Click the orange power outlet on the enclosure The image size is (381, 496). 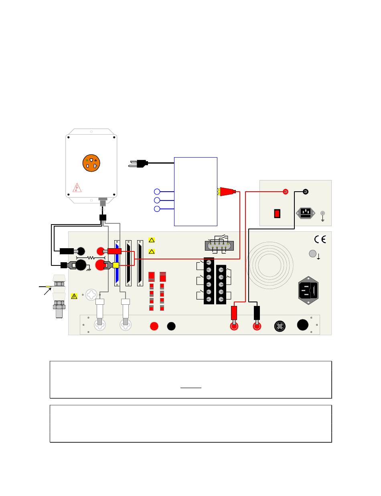click(91, 163)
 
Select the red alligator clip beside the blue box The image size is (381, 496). click(227, 192)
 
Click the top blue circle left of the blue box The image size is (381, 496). click(157, 191)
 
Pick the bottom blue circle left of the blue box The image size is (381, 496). click(157, 209)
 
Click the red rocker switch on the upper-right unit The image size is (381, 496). click(277, 214)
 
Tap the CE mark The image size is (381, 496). click(320, 239)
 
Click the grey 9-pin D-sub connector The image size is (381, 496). click(218, 245)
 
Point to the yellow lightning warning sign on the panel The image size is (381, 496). click(74, 296)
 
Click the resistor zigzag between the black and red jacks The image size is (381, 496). click(91, 258)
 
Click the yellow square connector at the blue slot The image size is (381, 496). click(116, 265)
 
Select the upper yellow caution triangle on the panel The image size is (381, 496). click(152, 240)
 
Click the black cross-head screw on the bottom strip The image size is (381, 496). click(280, 326)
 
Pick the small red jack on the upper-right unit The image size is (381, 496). click(286, 191)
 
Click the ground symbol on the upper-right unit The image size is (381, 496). click(322, 219)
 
